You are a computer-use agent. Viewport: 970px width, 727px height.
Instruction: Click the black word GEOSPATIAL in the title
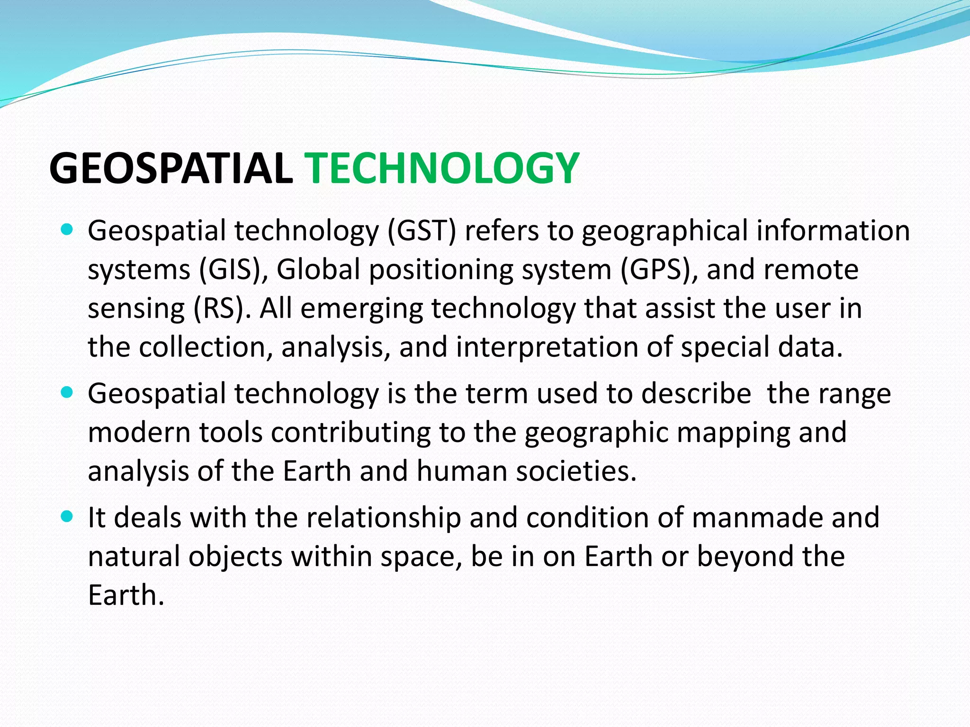[171, 168]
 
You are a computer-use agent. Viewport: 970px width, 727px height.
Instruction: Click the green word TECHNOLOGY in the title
[443, 168]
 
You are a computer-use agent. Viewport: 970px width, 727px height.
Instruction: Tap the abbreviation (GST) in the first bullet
[422, 231]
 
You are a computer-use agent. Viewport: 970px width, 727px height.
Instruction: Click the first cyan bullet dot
[67, 231]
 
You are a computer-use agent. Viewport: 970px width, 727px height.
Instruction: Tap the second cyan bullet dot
[67, 393]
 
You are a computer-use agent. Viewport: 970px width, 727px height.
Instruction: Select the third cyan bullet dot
[67, 517]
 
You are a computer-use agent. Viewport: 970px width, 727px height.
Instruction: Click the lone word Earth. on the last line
[126, 595]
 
